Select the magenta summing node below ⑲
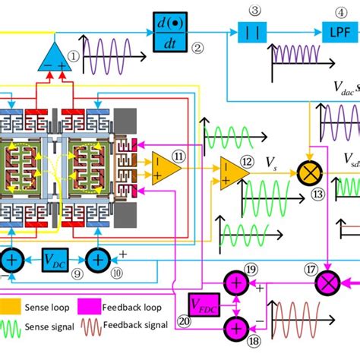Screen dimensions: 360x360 [x=235, y=283]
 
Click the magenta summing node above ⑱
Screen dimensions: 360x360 [x=235, y=327]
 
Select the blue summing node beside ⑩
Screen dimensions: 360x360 [x=97, y=259]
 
